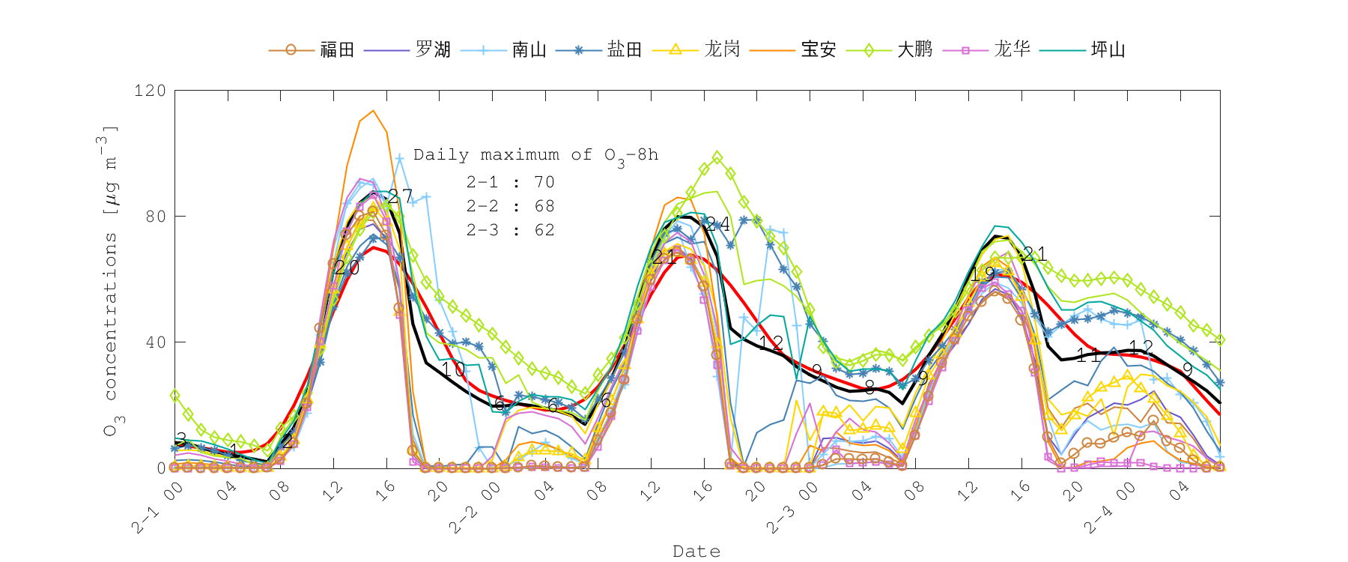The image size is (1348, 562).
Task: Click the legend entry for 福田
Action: click(x=336, y=50)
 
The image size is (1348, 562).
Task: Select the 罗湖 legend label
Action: click(x=433, y=50)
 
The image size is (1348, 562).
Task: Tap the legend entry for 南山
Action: click(x=529, y=50)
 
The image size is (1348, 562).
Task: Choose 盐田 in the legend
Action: click(x=625, y=50)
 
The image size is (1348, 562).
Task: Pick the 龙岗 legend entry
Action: click(x=722, y=50)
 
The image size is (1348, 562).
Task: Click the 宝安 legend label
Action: click(x=819, y=50)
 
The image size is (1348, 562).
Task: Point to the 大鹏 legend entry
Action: click(x=915, y=50)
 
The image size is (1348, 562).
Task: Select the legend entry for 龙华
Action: click(x=1012, y=50)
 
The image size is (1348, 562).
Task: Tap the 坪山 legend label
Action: click(x=1108, y=50)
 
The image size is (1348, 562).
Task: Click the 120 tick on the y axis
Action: click(x=150, y=91)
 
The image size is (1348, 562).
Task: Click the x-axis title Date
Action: click(x=696, y=552)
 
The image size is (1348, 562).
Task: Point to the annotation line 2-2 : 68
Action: click(x=510, y=206)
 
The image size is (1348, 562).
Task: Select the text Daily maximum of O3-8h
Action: click(x=535, y=156)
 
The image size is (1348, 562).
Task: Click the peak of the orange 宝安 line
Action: click(x=373, y=111)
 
